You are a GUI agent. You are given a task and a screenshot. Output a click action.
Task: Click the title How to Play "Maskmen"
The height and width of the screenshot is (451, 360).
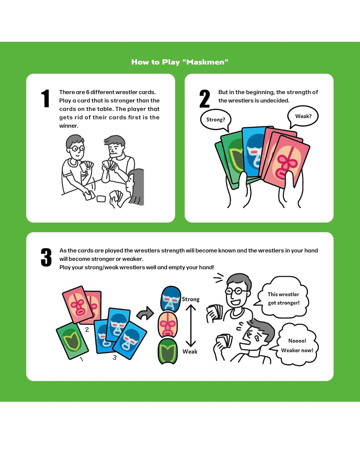pos(180,62)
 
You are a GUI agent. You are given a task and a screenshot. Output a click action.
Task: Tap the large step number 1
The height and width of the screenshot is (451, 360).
pos(45,98)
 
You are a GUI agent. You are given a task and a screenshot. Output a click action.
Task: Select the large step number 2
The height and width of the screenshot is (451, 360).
pos(204,98)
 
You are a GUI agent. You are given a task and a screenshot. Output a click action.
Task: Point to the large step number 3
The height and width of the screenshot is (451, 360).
pos(46,257)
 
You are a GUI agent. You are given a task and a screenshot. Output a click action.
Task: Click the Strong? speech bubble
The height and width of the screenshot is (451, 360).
pos(216,119)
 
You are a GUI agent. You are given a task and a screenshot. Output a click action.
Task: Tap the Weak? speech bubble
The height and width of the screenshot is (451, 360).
pos(303,116)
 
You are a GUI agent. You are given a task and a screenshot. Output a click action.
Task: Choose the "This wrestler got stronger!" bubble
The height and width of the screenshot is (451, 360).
pos(283,298)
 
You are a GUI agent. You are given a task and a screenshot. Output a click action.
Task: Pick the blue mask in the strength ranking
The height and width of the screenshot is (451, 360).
pos(170,299)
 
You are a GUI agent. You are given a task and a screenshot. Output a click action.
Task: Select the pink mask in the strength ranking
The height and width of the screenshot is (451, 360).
pos(168,325)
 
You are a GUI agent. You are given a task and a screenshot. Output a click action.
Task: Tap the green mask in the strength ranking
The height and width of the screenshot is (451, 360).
pos(167,351)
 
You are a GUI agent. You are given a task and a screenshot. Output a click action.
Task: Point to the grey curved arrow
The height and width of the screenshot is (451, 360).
pos(145,313)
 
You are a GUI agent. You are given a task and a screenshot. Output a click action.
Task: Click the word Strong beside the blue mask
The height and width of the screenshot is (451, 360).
pos(190,299)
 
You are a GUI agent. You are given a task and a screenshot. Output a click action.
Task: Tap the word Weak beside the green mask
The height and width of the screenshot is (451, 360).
pos(190,351)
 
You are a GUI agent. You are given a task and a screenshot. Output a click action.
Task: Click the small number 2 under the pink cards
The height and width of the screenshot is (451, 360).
pos(87,330)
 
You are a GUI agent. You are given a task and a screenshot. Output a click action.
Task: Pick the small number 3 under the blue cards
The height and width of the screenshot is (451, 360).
pos(115,357)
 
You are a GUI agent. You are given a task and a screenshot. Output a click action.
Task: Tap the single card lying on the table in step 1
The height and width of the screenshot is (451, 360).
pos(101,199)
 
